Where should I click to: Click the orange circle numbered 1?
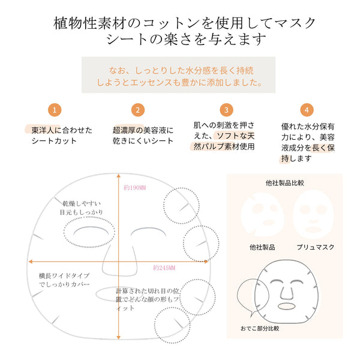click(55, 110)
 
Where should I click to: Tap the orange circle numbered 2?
click(138, 110)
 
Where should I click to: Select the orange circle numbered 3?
click(226, 110)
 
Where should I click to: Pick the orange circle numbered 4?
click(307, 110)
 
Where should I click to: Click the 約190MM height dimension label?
click(135, 188)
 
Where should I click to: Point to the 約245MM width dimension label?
click(164, 268)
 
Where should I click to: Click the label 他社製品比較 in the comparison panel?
click(284, 183)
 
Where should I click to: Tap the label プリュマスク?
click(315, 247)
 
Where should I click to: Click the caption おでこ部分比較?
click(260, 329)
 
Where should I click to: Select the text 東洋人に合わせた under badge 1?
click(62, 130)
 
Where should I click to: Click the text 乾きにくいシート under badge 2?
click(143, 141)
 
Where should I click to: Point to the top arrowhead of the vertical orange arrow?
click(118, 176)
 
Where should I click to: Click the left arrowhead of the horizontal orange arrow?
click(31, 262)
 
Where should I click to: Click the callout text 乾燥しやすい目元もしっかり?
click(81, 208)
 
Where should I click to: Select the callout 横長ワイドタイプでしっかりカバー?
click(64, 280)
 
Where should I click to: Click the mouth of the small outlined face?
click(286, 306)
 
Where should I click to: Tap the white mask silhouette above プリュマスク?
click(313, 214)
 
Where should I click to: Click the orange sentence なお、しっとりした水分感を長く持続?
click(181, 70)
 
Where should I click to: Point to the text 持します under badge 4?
click(296, 158)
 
